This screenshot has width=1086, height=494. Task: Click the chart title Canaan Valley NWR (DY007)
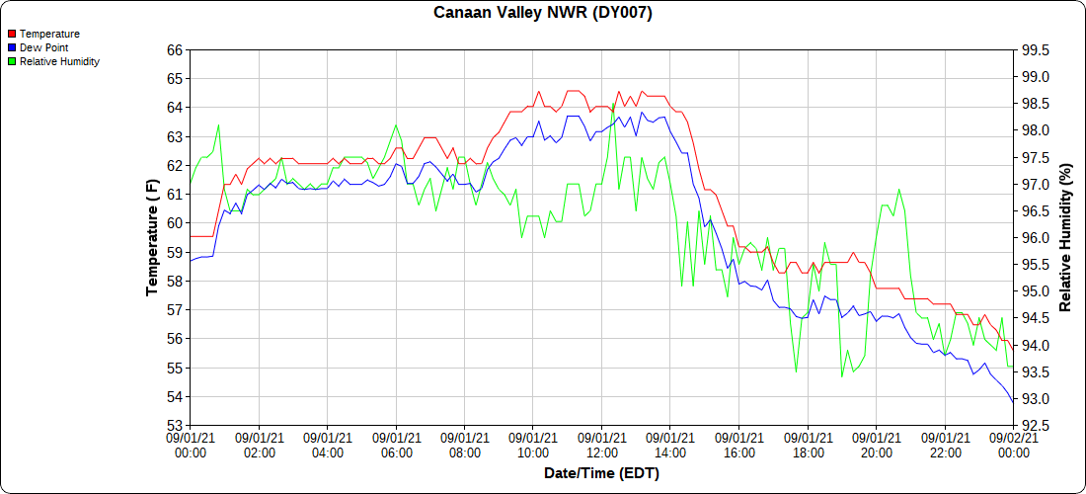pyautogui.click(x=543, y=13)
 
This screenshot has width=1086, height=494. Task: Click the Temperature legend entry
pyautogui.click(x=49, y=34)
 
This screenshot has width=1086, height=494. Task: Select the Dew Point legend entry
pyautogui.click(x=43, y=47)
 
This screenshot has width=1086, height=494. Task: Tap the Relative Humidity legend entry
pyautogui.click(x=59, y=61)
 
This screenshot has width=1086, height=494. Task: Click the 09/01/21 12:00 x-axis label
pyautogui.click(x=601, y=445)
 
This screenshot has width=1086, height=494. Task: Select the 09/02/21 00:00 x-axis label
pyautogui.click(x=1013, y=445)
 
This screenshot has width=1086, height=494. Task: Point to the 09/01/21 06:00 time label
pyautogui.click(x=396, y=445)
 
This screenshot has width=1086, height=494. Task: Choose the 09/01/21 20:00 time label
pyautogui.click(x=876, y=445)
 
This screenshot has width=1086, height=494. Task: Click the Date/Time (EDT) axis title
pyautogui.click(x=601, y=473)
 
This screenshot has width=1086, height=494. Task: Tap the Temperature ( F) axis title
pyautogui.click(x=152, y=237)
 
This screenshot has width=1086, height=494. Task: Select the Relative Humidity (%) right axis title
pyautogui.click(x=1065, y=237)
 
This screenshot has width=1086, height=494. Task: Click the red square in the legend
pyautogui.click(x=12, y=34)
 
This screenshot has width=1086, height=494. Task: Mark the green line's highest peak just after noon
pyautogui.click(x=613, y=103)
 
